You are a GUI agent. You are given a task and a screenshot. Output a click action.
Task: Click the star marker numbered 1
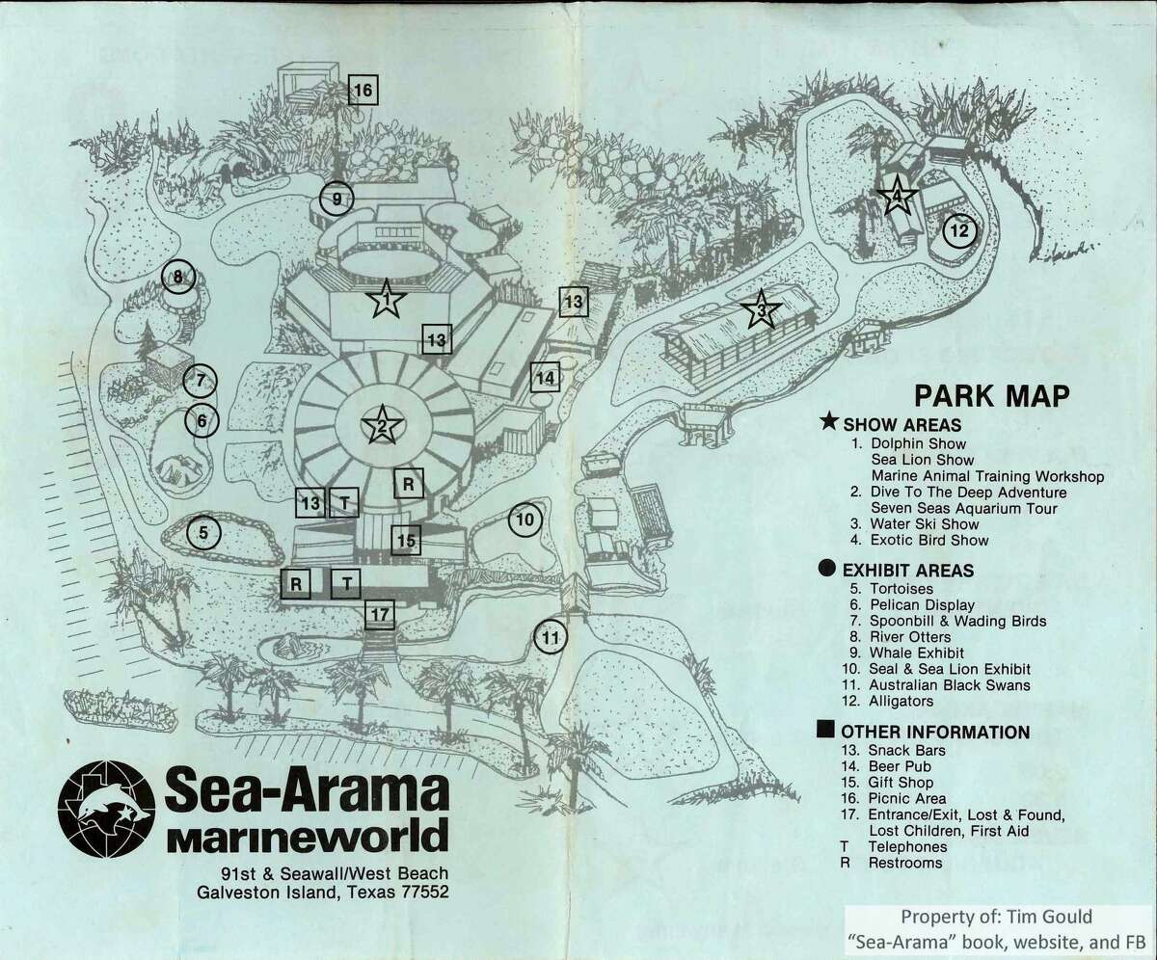[386, 302]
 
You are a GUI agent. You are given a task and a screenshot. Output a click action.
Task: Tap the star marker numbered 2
[382, 424]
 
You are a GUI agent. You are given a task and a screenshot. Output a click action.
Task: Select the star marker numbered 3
[761, 309]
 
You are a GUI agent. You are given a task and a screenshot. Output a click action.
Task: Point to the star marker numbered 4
[897, 197]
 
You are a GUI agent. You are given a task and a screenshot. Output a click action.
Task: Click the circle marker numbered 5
[203, 531]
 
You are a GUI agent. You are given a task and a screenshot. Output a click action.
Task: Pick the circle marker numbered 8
[178, 279]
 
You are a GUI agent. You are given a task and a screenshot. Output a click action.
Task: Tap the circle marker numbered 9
[337, 200]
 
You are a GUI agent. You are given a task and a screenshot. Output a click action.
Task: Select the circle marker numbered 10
[525, 520]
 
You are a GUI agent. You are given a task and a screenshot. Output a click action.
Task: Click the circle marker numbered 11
[551, 637]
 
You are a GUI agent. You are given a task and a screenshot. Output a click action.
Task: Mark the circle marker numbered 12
[959, 230]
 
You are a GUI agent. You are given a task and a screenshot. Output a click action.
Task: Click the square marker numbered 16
[363, 91]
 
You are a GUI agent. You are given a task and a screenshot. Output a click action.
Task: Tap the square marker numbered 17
[381, 613]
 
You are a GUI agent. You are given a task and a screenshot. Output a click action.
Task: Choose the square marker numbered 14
[545, 378]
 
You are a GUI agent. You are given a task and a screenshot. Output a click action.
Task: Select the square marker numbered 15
[407, 541]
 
